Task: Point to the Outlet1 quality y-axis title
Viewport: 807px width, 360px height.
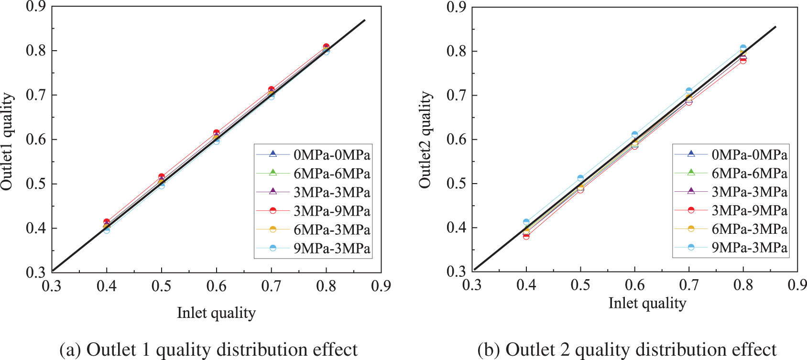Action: click(x=7, y=142)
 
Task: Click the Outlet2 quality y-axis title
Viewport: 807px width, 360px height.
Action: click(x=425, y=140)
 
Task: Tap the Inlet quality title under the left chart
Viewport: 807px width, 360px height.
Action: click(x=216, y=313)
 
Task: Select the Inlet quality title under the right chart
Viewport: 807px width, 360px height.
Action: click(x=647, y=303)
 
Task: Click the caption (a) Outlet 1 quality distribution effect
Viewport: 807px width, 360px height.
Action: click(x=208, y=349)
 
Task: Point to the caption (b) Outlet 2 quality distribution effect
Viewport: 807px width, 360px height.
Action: click(x=627, y=349)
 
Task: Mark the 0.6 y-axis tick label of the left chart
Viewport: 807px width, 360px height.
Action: click(x=36, y=139)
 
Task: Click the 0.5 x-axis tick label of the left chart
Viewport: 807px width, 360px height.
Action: click(x=162, y=286)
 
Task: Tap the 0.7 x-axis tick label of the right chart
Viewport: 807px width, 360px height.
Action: click(x=689, y=285)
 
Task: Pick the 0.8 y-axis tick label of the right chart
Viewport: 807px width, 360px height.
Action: click(x=457, y=51)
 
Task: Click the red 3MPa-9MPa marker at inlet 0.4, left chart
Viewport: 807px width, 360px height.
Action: click(x=107, y=222)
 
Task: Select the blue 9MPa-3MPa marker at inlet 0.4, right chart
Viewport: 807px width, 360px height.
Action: click(x=526, y=222)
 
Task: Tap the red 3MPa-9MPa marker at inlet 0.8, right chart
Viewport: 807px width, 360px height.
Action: click(x=743, y=60)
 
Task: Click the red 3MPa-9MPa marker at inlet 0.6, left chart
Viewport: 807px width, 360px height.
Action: click(x=216, y=133)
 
